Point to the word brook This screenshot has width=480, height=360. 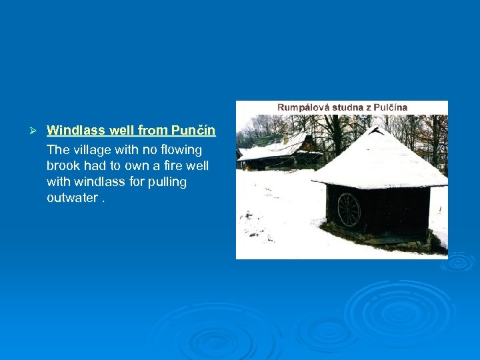64,165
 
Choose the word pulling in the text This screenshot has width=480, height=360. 167,181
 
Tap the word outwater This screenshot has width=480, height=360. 73,197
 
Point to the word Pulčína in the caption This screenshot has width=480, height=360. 388,107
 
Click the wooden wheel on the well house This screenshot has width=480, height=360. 348,209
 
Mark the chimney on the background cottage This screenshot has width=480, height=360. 285,138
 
